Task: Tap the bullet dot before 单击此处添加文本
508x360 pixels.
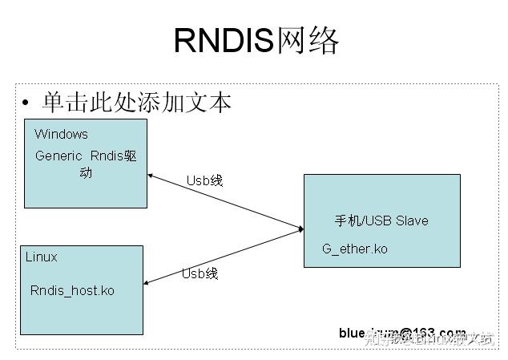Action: coord(26,104)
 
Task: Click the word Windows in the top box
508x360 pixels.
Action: coord(61,134)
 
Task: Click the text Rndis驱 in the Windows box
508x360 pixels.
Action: coord(113,156)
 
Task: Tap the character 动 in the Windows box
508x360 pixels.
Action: coord(85,173)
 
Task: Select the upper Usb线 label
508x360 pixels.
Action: coord(204,180)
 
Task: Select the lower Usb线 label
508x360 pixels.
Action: coord(200,273)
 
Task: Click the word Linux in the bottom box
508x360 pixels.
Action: coord(41,257)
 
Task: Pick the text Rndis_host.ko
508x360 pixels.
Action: coord(72,290)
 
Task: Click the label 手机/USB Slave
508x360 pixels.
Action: coord(381,220)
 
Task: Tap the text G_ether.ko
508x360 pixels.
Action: coord(355,249)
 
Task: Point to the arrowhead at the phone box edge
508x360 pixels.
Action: coord(300,229)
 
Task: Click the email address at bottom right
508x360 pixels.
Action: coord(401,332)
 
